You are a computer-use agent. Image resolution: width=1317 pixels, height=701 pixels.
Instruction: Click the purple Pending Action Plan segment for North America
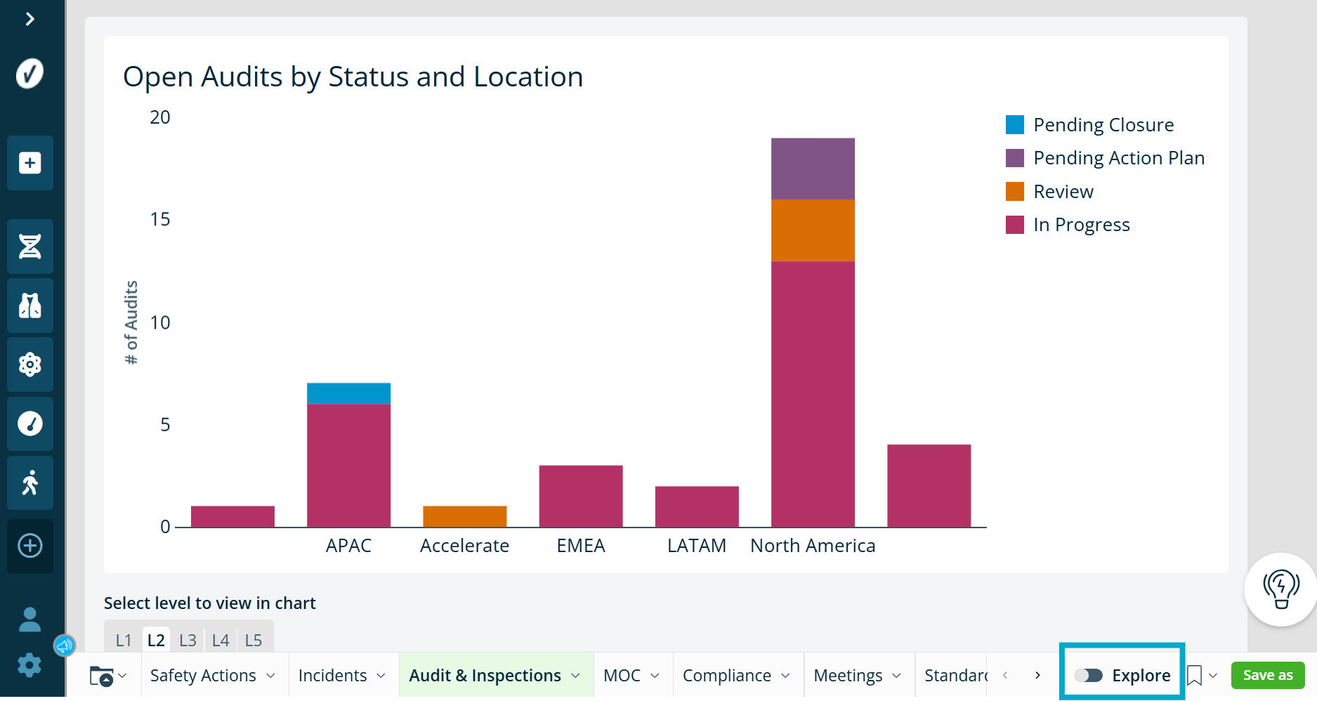pos(813,169)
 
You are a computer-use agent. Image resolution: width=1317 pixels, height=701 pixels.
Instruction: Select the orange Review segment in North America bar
pos(813,230)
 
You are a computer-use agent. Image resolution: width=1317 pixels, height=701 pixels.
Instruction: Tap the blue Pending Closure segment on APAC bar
pos(348,393)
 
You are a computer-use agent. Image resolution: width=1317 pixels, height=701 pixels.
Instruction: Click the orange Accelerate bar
pos(464,516)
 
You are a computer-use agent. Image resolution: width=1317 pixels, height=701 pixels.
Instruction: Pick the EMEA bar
pos(581,496)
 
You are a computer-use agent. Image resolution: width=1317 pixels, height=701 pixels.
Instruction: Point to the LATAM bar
pos(697,506)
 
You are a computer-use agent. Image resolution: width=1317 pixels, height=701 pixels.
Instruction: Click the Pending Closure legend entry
pos(1089,125)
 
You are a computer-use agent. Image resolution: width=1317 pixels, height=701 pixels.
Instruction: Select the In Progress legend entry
pos(1068,225)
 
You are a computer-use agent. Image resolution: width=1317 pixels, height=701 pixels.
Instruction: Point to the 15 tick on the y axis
pos(160,219)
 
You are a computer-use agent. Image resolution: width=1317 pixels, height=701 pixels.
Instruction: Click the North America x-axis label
pos(813,546)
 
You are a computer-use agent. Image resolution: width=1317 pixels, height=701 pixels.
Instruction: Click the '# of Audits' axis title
pos(131,322)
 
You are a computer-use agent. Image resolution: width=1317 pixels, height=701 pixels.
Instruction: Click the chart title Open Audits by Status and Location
pos(353,77)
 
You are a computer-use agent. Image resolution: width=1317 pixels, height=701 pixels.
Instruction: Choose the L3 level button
pos(188,640)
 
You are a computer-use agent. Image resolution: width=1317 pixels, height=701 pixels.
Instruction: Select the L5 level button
pos(254,640)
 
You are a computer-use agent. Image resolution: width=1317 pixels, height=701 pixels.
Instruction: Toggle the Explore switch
pos(1089,676)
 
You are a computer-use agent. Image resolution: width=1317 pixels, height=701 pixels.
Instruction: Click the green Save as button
pos(1268,676)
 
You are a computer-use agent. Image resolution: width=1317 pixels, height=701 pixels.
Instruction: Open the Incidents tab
pos(341,676)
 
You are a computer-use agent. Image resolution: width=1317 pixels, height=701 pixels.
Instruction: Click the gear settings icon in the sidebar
pos(30,664)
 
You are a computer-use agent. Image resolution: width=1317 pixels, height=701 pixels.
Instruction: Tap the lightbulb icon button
pos(1281,589)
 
